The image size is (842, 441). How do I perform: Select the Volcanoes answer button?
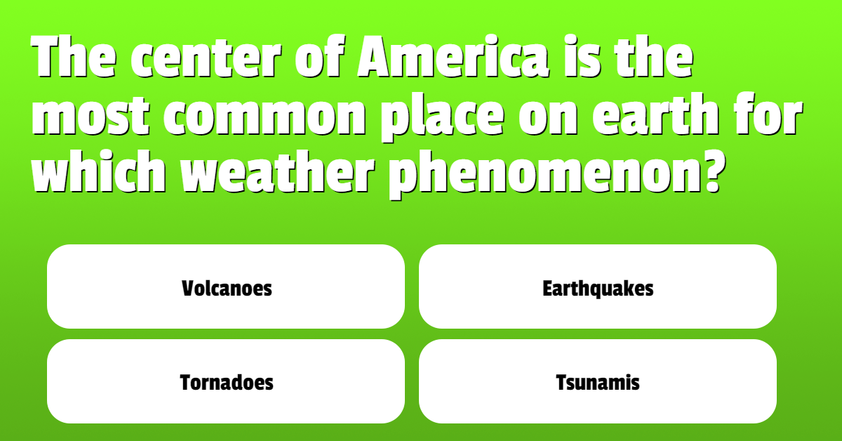click(226, 287)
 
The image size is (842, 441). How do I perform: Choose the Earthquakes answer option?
click(598, 287)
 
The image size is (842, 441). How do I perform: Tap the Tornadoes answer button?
click(226, 381)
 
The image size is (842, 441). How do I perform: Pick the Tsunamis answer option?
click(598, 381)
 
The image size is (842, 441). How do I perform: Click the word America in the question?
click(453, 57)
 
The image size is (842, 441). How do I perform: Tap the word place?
click(443, 117)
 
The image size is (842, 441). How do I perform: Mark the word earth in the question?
click(656, 114)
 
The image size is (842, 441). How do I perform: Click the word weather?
click(278, 172)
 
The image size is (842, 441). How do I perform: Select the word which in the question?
click(99, 172)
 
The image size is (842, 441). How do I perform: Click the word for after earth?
click(768, 114)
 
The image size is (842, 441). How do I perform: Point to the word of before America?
click(320, 57)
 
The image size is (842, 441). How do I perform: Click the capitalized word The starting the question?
click(74, 57)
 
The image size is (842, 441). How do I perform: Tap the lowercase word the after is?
click(654, 57)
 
